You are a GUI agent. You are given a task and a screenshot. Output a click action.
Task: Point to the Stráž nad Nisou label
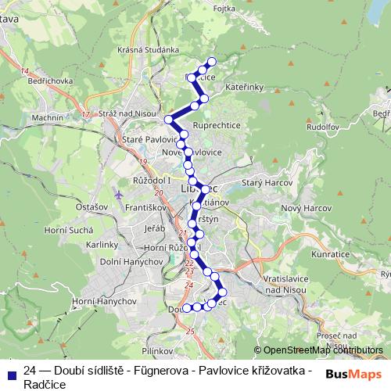tap(125, 113)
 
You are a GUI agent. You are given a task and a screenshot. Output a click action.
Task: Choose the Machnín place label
tap(48, 117)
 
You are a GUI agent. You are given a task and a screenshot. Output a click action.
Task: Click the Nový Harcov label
tap(302, 208)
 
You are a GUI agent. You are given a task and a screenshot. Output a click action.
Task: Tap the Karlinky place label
tap(102, 244)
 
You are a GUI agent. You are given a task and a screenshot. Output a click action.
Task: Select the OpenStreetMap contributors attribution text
tap(322, 351)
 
